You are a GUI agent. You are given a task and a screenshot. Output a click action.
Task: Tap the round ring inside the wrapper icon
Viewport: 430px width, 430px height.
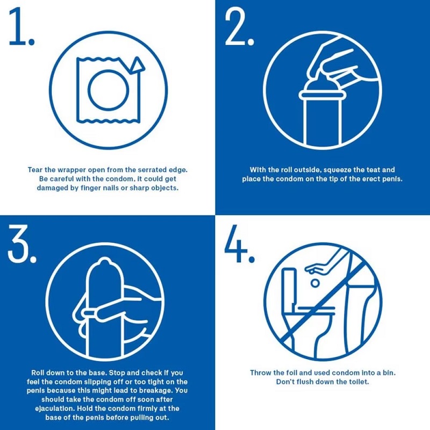tap(106, 89)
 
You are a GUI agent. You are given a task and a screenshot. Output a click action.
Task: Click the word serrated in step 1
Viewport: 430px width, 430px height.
tap(152, 170)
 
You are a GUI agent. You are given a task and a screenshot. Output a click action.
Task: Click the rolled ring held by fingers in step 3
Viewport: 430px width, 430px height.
tap(91, 312)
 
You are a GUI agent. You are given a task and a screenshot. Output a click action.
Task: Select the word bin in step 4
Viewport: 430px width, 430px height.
tap(387, 372)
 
